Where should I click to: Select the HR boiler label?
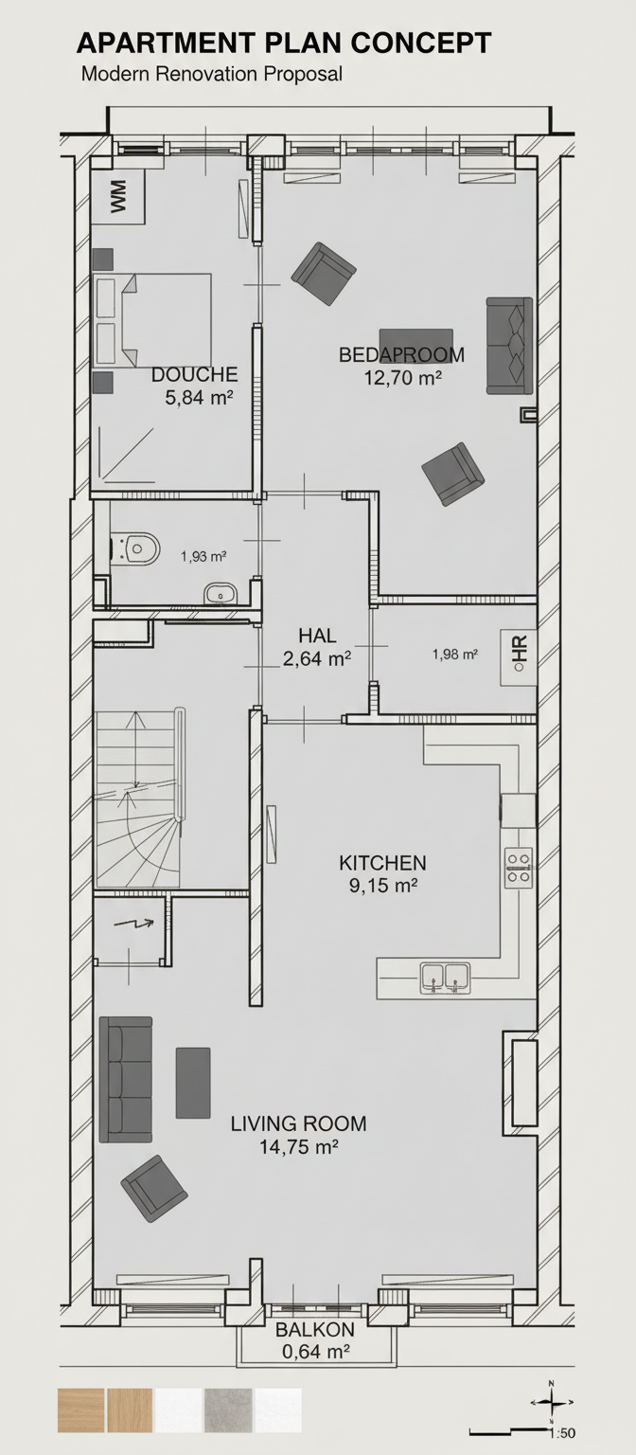click(x=519, y=656)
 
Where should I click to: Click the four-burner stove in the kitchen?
click(x=519, y=868)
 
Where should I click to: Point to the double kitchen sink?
click(x=445, y=979)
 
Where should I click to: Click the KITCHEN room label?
click(x=383, y=863)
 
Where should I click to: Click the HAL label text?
click(x=317, y=636)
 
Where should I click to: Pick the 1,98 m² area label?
click(x=455, y=655)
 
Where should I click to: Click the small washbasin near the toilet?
click(x=221, y=594)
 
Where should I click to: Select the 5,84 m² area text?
click(x=200, y=398)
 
